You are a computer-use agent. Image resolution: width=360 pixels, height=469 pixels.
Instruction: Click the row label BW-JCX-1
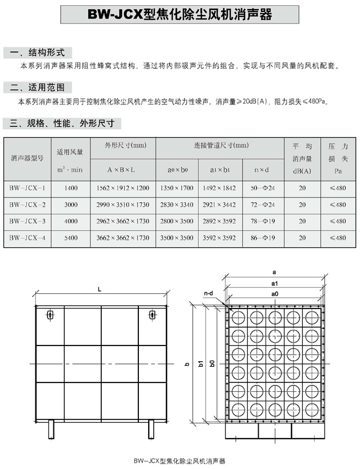[x=27, y=188]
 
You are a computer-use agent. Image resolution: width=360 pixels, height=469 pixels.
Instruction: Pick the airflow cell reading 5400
[x=71, y=238]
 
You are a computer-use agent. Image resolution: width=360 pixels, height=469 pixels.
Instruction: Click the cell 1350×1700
[x=176, y=188]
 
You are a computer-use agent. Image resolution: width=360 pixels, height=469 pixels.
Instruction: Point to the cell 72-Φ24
[x=263, y=205]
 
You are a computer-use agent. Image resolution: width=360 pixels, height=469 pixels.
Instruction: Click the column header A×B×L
[x=123, y=170]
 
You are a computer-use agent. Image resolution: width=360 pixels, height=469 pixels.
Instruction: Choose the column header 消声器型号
[x=27, y=159]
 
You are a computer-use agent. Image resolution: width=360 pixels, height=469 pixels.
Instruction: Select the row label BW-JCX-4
[x=27, y=238]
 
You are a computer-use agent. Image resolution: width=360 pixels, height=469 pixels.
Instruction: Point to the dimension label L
[x=100, y=290]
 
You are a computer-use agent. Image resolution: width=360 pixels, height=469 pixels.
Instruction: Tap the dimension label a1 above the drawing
[x=274, y=283]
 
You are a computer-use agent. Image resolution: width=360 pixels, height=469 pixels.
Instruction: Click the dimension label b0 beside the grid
[x=212, y=362]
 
